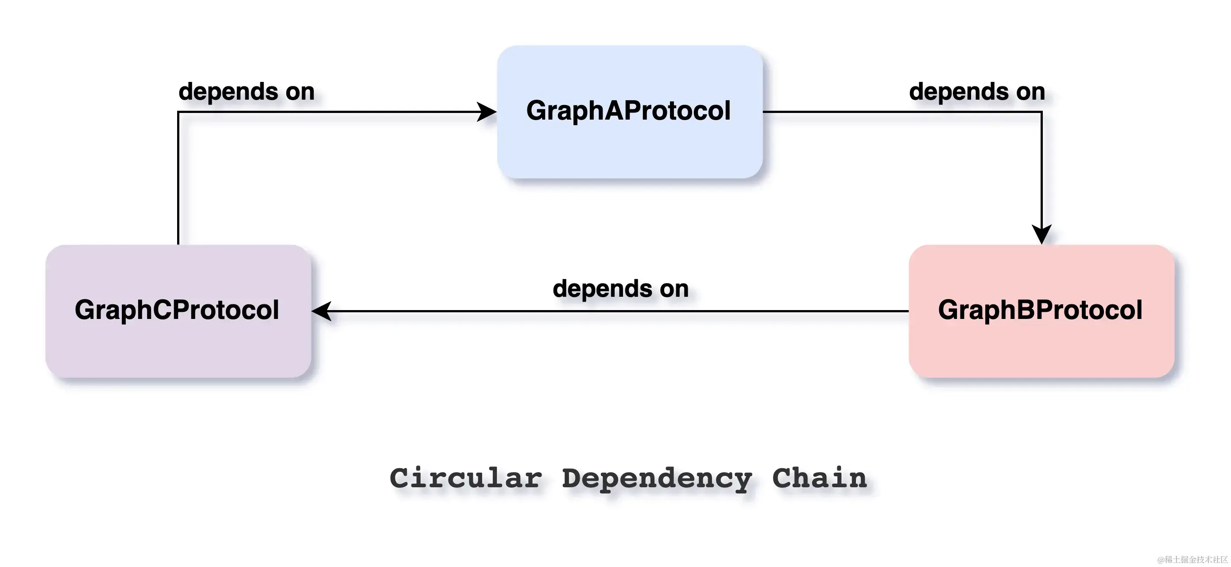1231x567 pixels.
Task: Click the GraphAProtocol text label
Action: (x=628, y=110)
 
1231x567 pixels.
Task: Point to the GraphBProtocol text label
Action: (x=1040, y=310)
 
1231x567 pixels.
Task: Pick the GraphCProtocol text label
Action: (x=177, y=310)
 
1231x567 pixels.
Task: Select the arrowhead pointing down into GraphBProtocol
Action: (x=1042, y=234)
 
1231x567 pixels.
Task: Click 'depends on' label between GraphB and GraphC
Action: (x=620, y=288)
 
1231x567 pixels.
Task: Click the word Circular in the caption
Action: (x=466, y=478)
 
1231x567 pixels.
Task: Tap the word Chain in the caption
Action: (x=819, y=478)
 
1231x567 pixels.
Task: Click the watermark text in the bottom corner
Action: (x=1192, y=559)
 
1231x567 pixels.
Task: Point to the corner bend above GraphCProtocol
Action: (x=178, y=112)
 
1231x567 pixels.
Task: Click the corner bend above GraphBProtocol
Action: (x=1042, y=112)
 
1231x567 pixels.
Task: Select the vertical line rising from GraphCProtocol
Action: (x=178, y=182)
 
